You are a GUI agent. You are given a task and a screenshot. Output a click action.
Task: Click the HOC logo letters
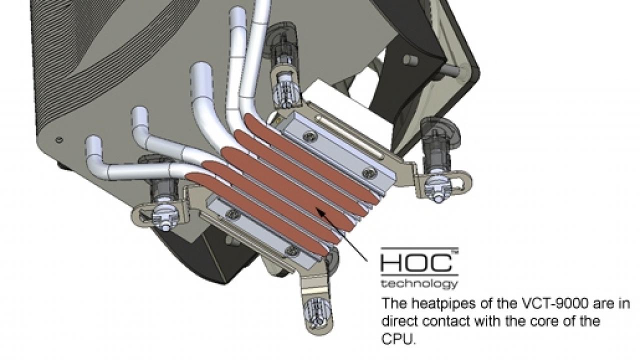point(416,263)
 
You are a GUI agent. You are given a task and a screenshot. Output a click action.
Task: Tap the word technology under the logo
point(419,284)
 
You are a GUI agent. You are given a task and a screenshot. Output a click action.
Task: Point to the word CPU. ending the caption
point(398,339)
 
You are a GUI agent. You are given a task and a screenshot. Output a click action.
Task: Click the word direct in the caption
point(399,321)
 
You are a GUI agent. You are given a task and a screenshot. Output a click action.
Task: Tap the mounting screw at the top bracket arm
point(285,92)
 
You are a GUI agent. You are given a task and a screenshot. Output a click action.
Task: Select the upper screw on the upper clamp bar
point(309,137)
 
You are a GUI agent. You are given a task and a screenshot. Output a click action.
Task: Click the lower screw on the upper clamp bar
point(367,173)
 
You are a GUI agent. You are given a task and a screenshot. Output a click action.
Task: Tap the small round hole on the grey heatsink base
point(59,139)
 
